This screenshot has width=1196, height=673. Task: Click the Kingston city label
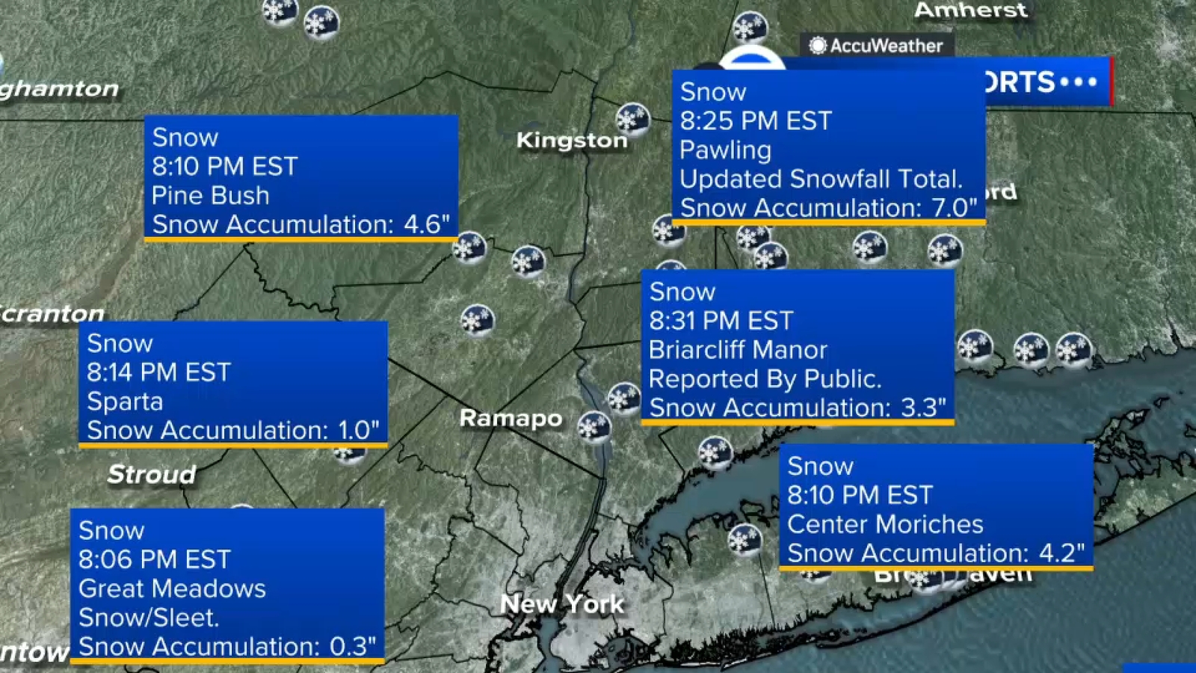[x=571, y=141]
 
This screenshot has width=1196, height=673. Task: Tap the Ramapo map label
[x=511, y=418]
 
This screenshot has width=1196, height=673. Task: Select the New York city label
[x=561, y=603]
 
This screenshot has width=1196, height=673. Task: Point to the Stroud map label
[x=152, y=474]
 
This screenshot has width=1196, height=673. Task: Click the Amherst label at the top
[x=970, y=10]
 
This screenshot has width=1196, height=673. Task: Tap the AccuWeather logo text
[x=886, y=46]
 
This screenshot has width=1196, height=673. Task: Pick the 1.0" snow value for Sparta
[x=358, y=430]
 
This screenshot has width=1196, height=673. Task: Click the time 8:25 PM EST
[x=755, y=121]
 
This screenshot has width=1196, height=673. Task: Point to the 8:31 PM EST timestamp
[x=721, y=321]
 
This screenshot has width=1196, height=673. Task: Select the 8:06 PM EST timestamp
[x=154, y=559]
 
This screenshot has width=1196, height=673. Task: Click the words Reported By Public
[x=765, y=379]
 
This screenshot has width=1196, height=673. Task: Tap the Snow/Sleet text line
[x=149, y=618]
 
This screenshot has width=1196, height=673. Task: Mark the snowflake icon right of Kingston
[x=632, y=119]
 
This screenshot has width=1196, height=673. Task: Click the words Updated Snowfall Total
[x=821, y=179]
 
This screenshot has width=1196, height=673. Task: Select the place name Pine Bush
[x=210, y=196]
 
